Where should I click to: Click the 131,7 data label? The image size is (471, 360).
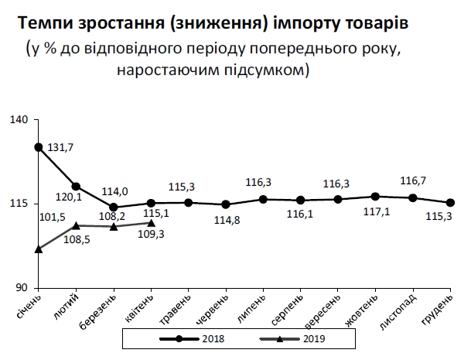tap(61, 147)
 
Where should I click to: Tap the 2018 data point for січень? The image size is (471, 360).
tap(39, 147)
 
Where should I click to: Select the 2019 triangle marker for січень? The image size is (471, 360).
tap(39, 249)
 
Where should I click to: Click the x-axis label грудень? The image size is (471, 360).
tap(439, 310)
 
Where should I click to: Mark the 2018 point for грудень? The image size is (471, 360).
tap(451, 203)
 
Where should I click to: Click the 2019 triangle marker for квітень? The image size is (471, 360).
tap(151, 223)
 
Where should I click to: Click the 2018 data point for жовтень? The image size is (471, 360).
tap(376, 197)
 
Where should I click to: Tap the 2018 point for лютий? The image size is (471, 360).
tap(76, 187)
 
